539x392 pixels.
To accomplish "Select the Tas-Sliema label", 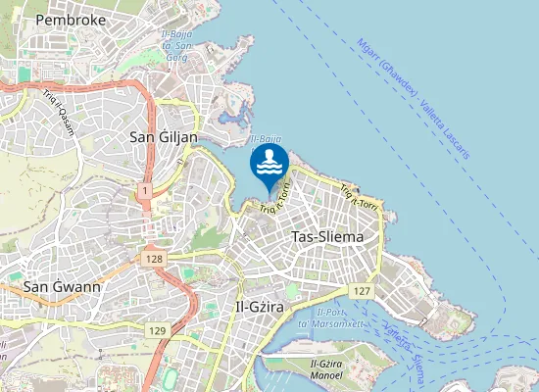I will pyautogui.click(x=327, y=237).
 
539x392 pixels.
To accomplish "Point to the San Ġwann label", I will pyautogui.click(x=62, y=287).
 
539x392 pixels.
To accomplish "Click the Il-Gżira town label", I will pyautogui.click(x=260, y=307).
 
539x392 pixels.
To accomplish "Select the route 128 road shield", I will pyautogui.click(x=152, y=259).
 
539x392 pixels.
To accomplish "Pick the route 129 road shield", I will pyautogui.click(x=158, y=332).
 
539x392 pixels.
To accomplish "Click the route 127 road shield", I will pyautogui.click(x=362, y=292).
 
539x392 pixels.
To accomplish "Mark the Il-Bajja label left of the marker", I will pyautogui.click(x=266, y=141).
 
